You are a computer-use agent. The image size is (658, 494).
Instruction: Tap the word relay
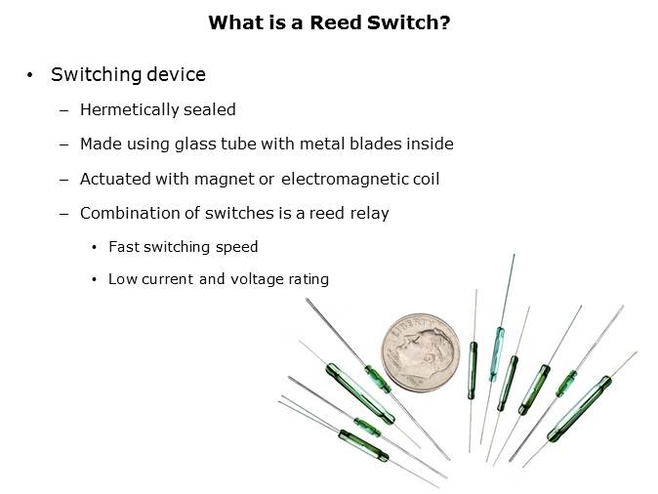[x=369, y=214]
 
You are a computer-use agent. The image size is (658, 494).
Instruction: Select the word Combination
[x=128, y=214]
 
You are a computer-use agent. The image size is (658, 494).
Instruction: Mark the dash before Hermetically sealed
[x=64, y=110]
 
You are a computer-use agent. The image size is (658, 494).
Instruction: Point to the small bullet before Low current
[x=94, y=279]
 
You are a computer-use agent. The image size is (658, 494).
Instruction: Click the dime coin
[x=423, y=352]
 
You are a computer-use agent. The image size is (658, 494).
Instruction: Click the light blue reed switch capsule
[x=498, y=340]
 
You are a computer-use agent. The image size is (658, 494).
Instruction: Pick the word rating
[x=308, y=279]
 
